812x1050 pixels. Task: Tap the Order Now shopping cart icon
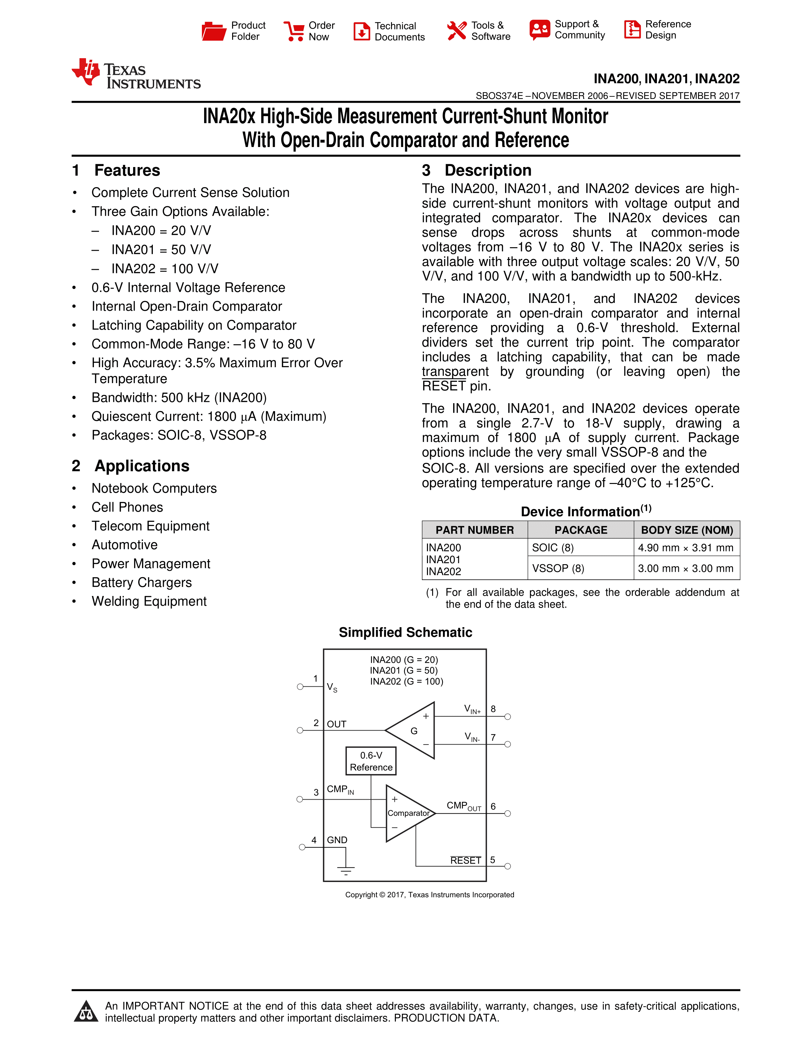294,31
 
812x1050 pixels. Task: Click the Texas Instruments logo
136,74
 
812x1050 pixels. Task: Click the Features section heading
127,171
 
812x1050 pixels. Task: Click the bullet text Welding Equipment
149,601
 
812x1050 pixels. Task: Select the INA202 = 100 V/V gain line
165,269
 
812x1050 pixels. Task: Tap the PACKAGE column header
581,530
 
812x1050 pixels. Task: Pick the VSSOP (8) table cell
558,568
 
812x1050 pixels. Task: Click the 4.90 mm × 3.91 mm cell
686,548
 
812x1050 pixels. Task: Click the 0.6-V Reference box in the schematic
371,761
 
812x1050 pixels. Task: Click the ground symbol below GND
346,870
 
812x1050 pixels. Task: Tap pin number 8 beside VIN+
493,709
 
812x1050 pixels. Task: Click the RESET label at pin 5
466,861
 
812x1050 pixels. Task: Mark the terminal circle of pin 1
300,687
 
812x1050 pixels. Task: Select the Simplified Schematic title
405,633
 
